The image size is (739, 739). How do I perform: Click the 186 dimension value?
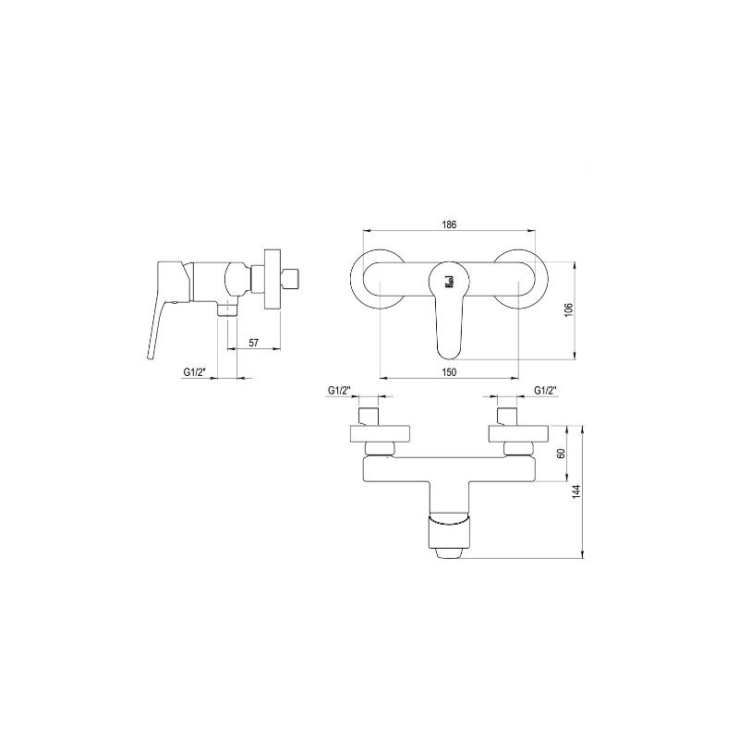click(449, 224)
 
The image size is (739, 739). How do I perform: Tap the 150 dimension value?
click(449, 372)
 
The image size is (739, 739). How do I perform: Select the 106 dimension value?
click(569, 309)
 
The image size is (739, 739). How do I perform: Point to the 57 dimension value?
click(253, 343)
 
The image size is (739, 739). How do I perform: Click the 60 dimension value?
click(561, 454)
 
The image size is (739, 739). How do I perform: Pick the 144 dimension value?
click(576, 491)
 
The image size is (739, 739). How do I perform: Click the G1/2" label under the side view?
click(195, 372)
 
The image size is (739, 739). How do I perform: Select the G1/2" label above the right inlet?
click(546, 390)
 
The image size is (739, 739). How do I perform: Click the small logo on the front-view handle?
click(449, 282)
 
